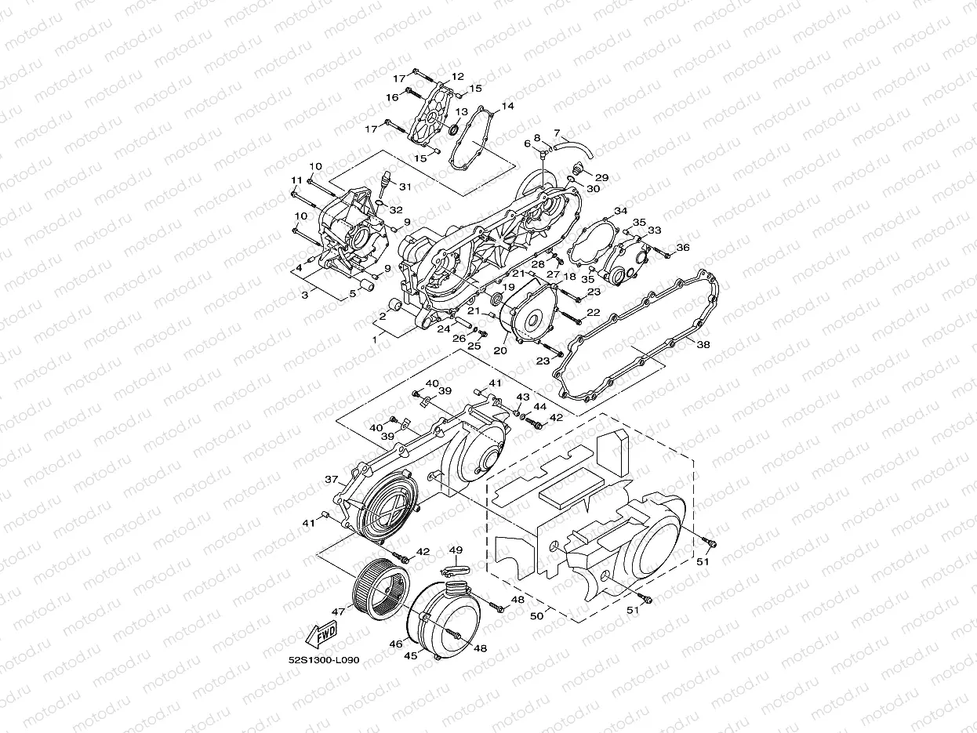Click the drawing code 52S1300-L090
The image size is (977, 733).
tap(323, 660)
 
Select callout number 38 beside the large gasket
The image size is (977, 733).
tap(703, 344)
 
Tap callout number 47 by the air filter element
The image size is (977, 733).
tap(338, 611)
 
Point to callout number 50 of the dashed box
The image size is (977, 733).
tap(536, 616)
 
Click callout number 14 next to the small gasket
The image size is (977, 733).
tap(507, 105)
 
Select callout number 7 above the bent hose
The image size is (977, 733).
tap(557, 132)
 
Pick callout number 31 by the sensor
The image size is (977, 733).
tap(405, 187)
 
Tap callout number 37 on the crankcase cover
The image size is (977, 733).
tap(331, 479)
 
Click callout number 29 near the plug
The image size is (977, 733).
tap(602, 177)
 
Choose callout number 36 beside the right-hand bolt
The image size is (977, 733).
tap(682, 247)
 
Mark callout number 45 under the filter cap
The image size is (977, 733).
tap(410, 656)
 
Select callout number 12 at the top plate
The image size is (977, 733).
tap(457, 77)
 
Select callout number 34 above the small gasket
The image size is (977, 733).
tap(620, 212)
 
